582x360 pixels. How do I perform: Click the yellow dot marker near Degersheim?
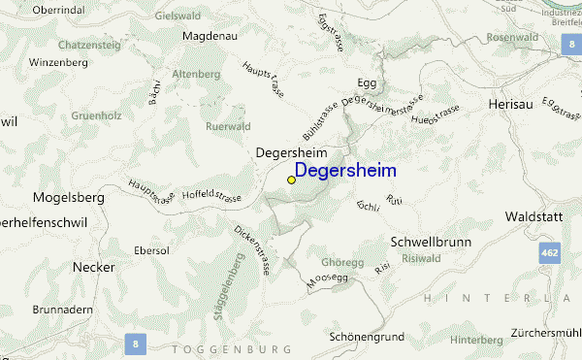pyautogui.click(x=291, y=180)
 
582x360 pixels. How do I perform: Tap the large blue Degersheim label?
pyautogui.click(x=359, y=170)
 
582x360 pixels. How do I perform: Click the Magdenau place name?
pyautogui.click(x=210, y=35)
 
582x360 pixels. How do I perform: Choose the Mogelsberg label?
pyautogui.click(x=69, y=197)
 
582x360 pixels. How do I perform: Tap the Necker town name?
pyautogui.click(x=93, y=267)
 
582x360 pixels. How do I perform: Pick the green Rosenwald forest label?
pyautogui.click(x=513, y=37)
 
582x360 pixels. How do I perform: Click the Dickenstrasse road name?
pyautogui.click(x=251, y=250)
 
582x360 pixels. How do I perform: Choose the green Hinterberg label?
pyautogui.click(x=476, y=340)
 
